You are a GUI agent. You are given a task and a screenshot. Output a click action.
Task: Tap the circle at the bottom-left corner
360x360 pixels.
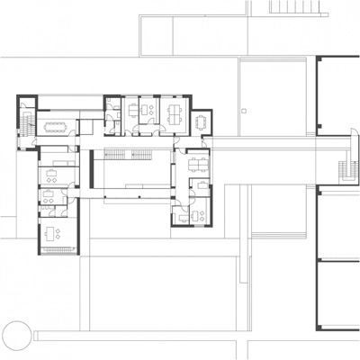(15, 336)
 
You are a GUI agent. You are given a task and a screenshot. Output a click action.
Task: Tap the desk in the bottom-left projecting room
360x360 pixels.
(57, 234)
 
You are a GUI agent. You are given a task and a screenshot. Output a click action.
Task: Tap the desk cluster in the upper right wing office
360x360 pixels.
(195, 163)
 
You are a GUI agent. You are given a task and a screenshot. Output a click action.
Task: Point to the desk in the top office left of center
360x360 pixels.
(139, 111)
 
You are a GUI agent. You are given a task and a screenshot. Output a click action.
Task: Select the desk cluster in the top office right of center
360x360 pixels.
(172, 112)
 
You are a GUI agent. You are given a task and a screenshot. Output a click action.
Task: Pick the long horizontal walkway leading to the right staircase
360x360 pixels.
(279, 143)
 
